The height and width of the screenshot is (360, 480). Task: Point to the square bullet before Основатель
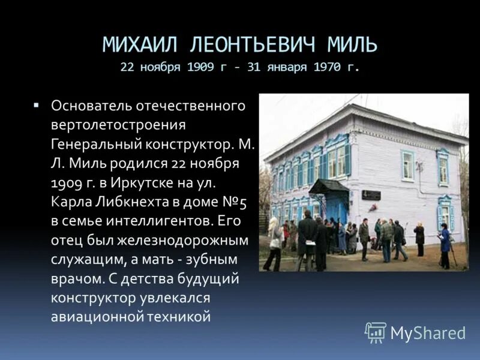pyautogui.click(x=37, y=104)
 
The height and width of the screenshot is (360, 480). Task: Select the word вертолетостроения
pyautogui.click(x=118, y=124)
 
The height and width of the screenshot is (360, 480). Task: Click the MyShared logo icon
pyautogui.click(x=375, y=332)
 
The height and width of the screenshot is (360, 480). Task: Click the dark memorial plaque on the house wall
pyautogui.click(x=371, y=195)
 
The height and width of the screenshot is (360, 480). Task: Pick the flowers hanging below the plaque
pyautogui.click(x=373, y=207)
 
